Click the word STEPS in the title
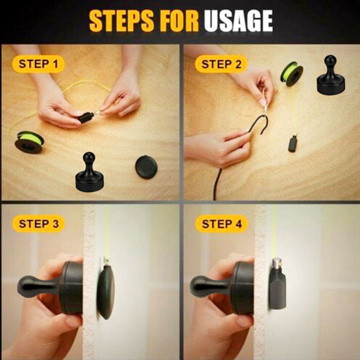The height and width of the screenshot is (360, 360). point(121,21)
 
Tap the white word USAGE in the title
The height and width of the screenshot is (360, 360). point(238,21)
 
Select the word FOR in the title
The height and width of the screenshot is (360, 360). point(179,21)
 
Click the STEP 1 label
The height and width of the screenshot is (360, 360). point(38,64)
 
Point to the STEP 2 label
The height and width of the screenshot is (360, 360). point(221,64)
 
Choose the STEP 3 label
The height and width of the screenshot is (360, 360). point(39,224)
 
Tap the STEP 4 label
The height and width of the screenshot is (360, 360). point(222,224)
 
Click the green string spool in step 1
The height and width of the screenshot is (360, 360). point(29,142)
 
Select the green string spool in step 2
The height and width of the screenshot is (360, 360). point(292,74)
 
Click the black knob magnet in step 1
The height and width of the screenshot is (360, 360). point(89,171)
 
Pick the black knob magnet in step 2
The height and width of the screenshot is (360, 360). point(331,75)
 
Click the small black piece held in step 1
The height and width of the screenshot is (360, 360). point(86,117)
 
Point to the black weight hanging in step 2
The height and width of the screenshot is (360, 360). point(293,144)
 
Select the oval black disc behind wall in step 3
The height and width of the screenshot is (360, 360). point(106,292)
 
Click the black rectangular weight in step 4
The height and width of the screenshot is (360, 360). point(278,289)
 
